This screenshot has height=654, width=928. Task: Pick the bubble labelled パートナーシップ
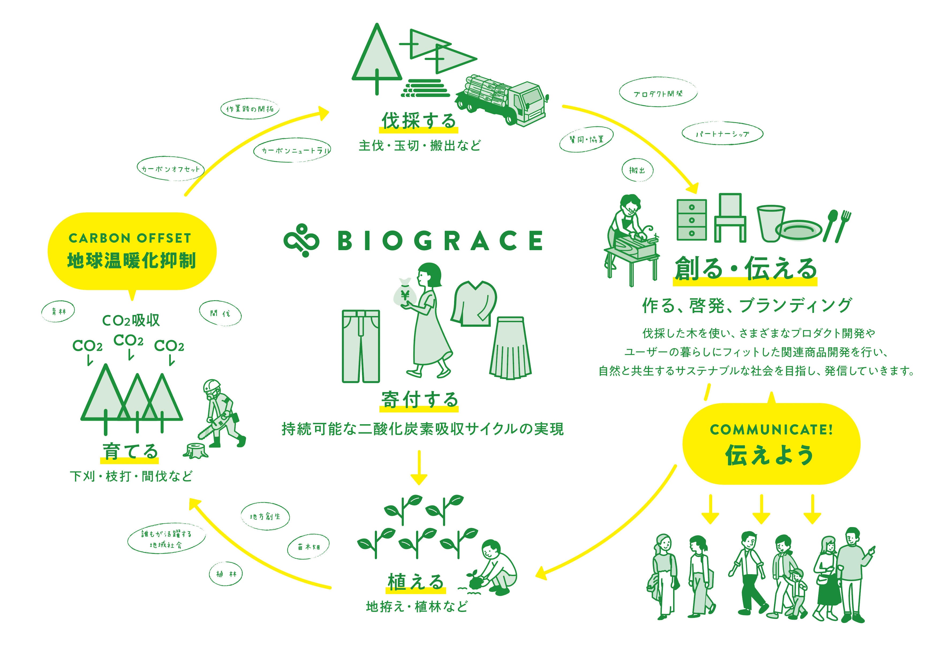tap(722, 134)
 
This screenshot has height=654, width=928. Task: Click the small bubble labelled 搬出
tap(637, 170)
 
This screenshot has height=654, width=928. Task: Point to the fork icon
tap(843, 225)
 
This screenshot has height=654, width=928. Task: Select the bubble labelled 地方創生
tap(265, 517)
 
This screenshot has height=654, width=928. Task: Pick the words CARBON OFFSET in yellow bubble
tap(130, 238)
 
